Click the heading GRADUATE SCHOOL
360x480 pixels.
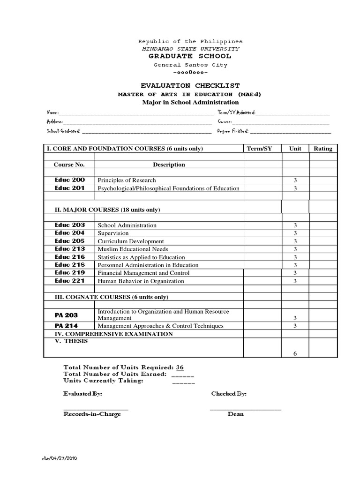[190, 57]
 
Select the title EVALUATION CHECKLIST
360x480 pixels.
[190, 86]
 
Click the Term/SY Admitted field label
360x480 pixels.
[236, 113]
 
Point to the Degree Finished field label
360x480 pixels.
[233, 131]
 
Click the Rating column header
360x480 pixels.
[323, 149]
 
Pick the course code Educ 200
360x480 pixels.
[69, 180]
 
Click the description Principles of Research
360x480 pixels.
[127, 180]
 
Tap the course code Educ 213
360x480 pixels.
[69, 249]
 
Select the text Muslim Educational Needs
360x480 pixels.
[133, 249]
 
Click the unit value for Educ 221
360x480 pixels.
[295, 281]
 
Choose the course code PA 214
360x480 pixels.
[66, 326]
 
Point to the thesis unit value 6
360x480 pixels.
[295, 354]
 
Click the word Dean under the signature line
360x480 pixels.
[235, 414]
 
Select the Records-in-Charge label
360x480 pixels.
[92, 414]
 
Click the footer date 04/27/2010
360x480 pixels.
[59, 459]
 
